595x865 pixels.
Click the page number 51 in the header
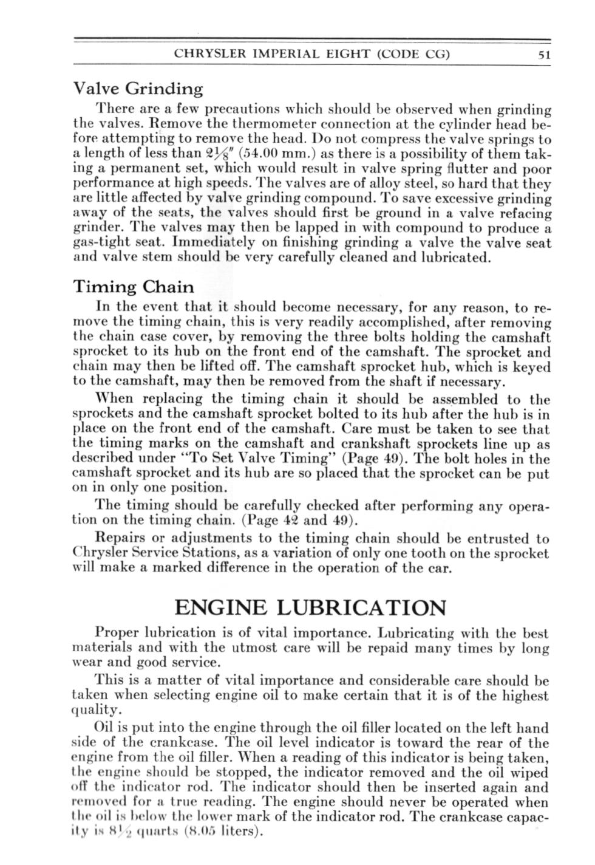(543, 54)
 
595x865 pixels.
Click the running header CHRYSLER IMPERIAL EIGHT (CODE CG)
(312, 53)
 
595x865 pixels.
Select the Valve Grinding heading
(138, 89)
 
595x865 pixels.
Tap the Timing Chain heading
(134, 287)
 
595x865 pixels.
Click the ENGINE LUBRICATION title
(310, 607)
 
